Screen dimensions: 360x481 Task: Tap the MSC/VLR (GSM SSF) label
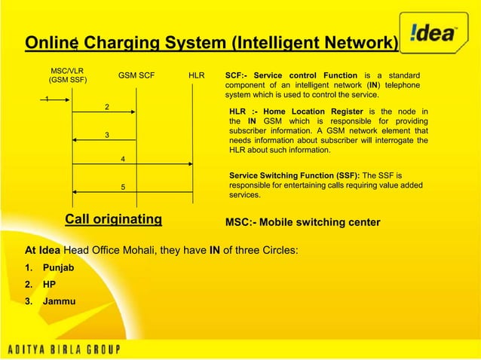[x=66, y=75]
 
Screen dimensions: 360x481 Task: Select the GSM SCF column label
[x=136, y=75]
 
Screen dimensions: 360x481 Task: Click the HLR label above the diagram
[x=196, y=75]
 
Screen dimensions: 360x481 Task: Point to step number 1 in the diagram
[x=47, y=99]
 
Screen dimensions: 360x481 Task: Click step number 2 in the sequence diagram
[x=106, y=107]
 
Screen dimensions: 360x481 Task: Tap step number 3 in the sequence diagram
[x=106, y=135]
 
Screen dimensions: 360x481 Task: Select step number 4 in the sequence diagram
[x=123, y=159]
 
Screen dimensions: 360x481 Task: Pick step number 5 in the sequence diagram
[x=123, y=187]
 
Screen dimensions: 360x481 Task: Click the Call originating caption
[x=113, y=219]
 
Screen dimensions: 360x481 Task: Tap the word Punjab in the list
[x=59, y=267]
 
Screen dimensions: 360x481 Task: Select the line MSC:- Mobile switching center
[x=303, y=223]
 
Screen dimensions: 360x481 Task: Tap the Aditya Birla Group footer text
[x=77, y=348]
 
